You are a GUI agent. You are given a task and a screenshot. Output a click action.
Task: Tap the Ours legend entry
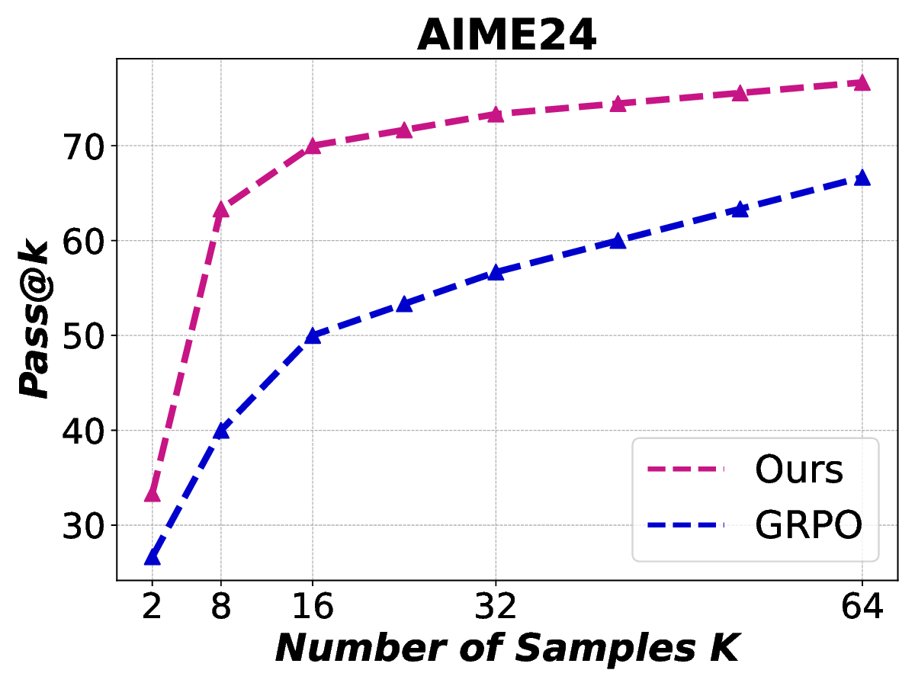[798, 470]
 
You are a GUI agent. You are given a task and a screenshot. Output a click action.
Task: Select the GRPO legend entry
[808, 525]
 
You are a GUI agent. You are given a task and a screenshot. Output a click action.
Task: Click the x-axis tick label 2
[152, 607]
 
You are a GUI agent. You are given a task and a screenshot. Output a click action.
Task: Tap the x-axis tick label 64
[862, 607]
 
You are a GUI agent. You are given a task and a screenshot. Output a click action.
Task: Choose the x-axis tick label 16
[313, 607]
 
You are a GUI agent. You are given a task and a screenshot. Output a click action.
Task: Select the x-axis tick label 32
[496, 607]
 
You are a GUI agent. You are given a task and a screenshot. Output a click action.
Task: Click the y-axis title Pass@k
[34, 319]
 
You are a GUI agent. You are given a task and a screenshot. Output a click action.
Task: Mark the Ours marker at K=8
[221, 209]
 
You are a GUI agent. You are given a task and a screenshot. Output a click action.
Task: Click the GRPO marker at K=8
[221, 431]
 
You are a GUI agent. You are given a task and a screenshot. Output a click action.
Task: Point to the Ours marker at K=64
[862, 82]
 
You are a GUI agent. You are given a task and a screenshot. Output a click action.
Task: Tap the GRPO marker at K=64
[862, 178]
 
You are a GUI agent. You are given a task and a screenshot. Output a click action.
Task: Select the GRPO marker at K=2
[152, 557]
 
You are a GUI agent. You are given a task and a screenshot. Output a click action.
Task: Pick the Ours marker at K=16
[313, 146]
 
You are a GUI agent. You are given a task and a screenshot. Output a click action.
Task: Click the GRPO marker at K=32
[496, 272]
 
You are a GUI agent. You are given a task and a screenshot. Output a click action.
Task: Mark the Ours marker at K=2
[152, 494]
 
